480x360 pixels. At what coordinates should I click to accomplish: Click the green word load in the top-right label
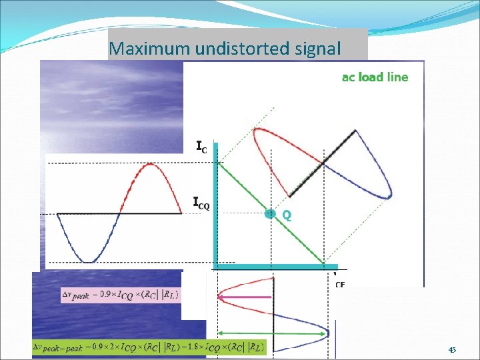coord(371,77)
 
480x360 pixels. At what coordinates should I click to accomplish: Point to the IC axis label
coord(201,146)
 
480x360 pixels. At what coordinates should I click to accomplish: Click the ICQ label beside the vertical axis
coord(201,203)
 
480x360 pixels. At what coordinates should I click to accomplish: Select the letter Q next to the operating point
coord(286,215)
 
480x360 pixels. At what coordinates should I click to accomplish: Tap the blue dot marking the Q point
coord(269,213)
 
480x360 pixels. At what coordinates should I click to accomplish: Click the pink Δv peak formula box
coord(120,294)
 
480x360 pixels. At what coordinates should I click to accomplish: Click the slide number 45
coord(452,350)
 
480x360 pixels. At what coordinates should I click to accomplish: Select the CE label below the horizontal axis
coord(340,284)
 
